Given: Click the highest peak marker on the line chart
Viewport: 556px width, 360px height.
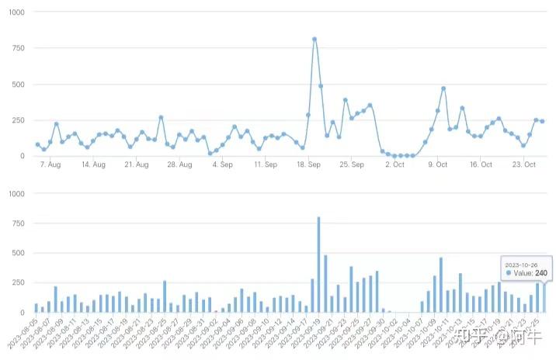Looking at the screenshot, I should (314, 39).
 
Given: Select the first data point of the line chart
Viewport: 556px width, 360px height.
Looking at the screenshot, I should (37, 144).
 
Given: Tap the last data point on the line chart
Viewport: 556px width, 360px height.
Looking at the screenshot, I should (542, 121).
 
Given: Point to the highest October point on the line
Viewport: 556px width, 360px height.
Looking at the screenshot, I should (443, 88).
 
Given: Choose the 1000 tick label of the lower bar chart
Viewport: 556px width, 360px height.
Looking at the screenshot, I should (15, 193).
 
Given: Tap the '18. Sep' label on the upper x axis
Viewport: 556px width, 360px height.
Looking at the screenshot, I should (309, 164).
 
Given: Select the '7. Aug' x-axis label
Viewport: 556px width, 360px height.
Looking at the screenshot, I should (50, 164).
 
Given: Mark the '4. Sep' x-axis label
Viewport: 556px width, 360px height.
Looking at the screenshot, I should (222, 164).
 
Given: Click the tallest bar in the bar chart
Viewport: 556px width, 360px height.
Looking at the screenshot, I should (318, 264).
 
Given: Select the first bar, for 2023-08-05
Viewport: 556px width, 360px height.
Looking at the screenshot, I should (36, 307).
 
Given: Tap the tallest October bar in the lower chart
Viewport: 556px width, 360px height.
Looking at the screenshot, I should (440, 285).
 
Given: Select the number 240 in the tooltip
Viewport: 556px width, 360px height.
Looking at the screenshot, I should (541, 273).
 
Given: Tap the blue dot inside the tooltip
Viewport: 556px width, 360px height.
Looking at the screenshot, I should (508, 273).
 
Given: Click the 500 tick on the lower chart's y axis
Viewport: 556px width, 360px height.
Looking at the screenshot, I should (17, 253).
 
